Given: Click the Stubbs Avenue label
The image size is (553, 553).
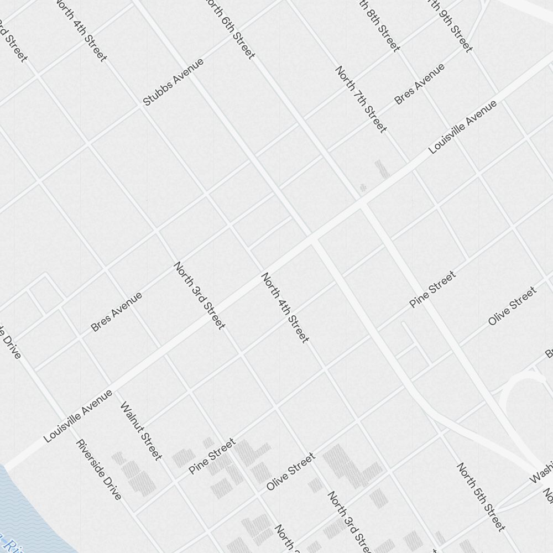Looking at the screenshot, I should [x=173, y=82].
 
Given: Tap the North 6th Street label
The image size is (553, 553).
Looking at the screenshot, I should [x=230, y=28].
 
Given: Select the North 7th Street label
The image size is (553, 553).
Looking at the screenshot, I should [x=361, y=100].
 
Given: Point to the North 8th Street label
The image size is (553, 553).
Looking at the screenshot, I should [x=379, y=25].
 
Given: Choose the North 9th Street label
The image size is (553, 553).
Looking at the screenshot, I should [x=451, y=25].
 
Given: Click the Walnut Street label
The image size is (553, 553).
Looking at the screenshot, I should [x=142, y=431].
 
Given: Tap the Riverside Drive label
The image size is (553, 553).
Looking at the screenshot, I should [x=98, y=469].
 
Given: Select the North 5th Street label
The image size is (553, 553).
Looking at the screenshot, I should [x=481, y=497].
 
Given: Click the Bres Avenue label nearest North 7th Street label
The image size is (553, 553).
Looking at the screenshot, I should [x=419, y=84].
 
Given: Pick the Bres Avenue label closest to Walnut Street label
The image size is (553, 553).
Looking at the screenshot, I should [x=116, y=312].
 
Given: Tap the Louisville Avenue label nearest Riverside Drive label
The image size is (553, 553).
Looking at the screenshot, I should [x=78, y=416].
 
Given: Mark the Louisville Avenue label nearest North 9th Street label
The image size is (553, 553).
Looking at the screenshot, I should [x=463, y=127].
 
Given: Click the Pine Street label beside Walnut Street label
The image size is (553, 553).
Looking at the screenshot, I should [x=212, y=456].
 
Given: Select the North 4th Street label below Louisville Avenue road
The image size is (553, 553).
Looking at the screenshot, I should [x=284, y=307].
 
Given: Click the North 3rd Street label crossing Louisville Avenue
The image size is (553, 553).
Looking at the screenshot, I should [x=199, y=295].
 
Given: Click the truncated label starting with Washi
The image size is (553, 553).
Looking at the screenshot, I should [x=541, y=470].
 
